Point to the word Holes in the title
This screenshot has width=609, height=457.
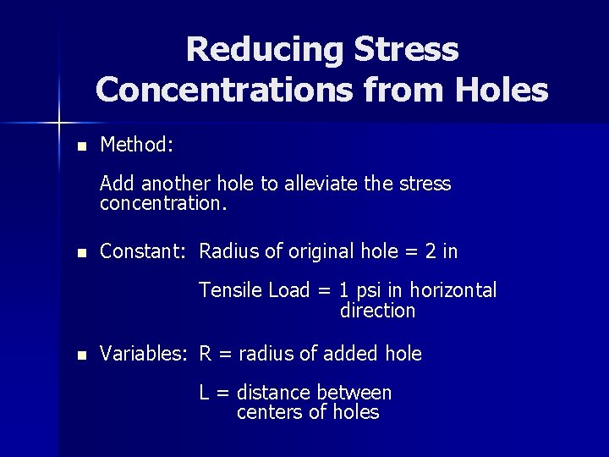(500, 89)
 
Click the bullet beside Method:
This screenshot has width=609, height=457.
(81, 146)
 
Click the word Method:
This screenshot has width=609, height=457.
(137, 145)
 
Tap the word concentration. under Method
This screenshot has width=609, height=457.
(164, 203)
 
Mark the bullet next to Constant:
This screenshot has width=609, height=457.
(81, 252)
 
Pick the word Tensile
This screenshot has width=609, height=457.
(231, 290)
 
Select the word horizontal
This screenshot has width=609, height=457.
(453, 290)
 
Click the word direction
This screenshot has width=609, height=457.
(377, 311)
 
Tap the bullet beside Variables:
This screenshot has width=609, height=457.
(81, 355)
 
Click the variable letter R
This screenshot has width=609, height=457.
(206, 354)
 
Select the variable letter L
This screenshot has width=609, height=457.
(205, 393)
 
